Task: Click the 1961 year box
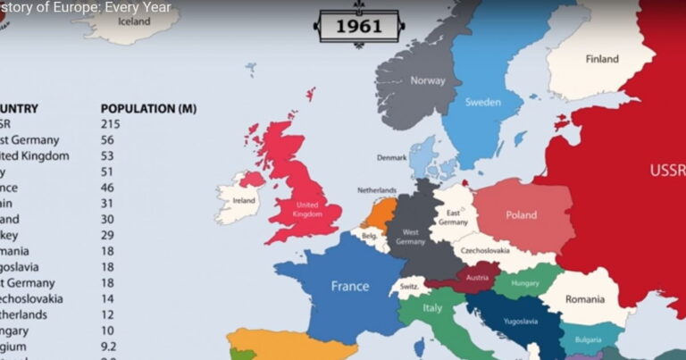pyautogui.click(x=358, y=26)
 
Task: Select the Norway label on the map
pyautogui.click(x=427, y=81)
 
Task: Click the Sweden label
pyautogui.click(x=482, y=103)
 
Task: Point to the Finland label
pyautogui.click(x=601, y=59)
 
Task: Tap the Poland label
pyautogui.click(x=522, y=215)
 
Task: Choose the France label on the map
pyautogui.click(x=350, y=287)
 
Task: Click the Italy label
pyautogui.click(x=432, y=308)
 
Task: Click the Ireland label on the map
pyautogui.click(x=243, y=201)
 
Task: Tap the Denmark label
pyautogui.click(x=391, y=157)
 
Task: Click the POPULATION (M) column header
pyautogui.click(x=148, y=108)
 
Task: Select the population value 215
pyautogui.click(x=110, y=124)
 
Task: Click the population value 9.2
pyautogui.click(x=110, y=347)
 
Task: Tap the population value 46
pyautogui.click(x=107, y=188)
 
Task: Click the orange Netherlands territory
pyautogui.click(x=379, y=213)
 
